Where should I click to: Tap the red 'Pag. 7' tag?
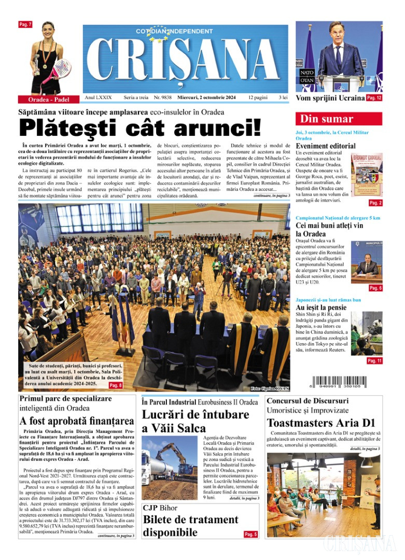[x=25, y=24]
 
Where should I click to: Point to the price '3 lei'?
[x=283, y=97]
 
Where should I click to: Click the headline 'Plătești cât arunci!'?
[x=140, y=128]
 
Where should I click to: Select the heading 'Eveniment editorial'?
[x=326, y=146]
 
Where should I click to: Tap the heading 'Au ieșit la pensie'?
[x=321, y=307]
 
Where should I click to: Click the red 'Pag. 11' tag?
[x=374, y=361]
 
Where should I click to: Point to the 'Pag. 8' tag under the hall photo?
[x=116, y=385]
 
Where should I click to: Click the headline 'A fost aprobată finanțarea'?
[x=77, y=422]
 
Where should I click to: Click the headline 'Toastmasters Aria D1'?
[x=321, y=422]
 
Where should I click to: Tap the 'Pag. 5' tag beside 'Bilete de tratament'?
[x=251, y=534]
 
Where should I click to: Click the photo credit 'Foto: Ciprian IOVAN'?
[x=269, y=388]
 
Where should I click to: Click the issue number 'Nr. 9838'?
[x=162, y=97]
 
